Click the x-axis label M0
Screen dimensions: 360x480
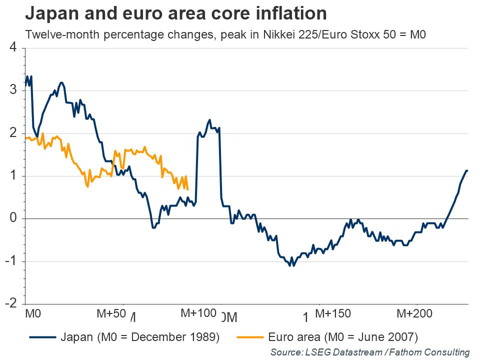[x=33, y=314]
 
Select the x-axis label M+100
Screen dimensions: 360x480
[x=198, y=314]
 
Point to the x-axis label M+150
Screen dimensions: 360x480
[x=332, y=314]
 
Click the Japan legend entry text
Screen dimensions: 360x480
[x=140, y=336]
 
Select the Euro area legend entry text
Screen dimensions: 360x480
[x=343, y=336]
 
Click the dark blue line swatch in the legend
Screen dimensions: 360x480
[x=42, y=336]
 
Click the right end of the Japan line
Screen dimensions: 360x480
[x=467, y=171]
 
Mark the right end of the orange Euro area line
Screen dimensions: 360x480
[x=187, y=189]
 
